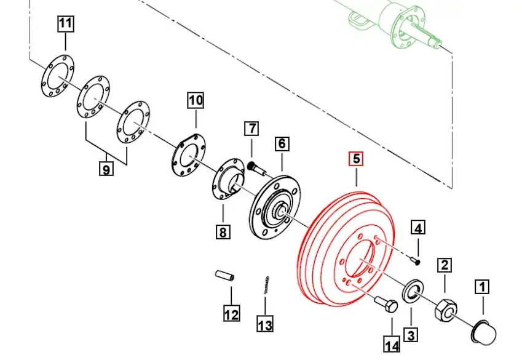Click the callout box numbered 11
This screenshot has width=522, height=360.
65,25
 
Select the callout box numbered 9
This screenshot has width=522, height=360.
107,168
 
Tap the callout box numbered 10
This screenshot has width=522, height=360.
195,100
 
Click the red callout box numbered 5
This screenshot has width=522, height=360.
356,159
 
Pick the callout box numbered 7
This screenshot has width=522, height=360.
251,129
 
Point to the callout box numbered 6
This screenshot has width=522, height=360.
282,144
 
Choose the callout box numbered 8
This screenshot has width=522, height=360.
223,232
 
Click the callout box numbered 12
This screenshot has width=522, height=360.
231,314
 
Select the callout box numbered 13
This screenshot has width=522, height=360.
265,324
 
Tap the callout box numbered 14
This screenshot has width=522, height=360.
392,345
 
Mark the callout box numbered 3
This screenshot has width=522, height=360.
411,335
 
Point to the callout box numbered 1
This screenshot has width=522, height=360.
483,286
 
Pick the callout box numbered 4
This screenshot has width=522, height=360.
418,229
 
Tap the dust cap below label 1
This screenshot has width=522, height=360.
481,330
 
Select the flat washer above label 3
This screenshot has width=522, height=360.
411,291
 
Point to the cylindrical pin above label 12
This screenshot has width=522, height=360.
224,275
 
